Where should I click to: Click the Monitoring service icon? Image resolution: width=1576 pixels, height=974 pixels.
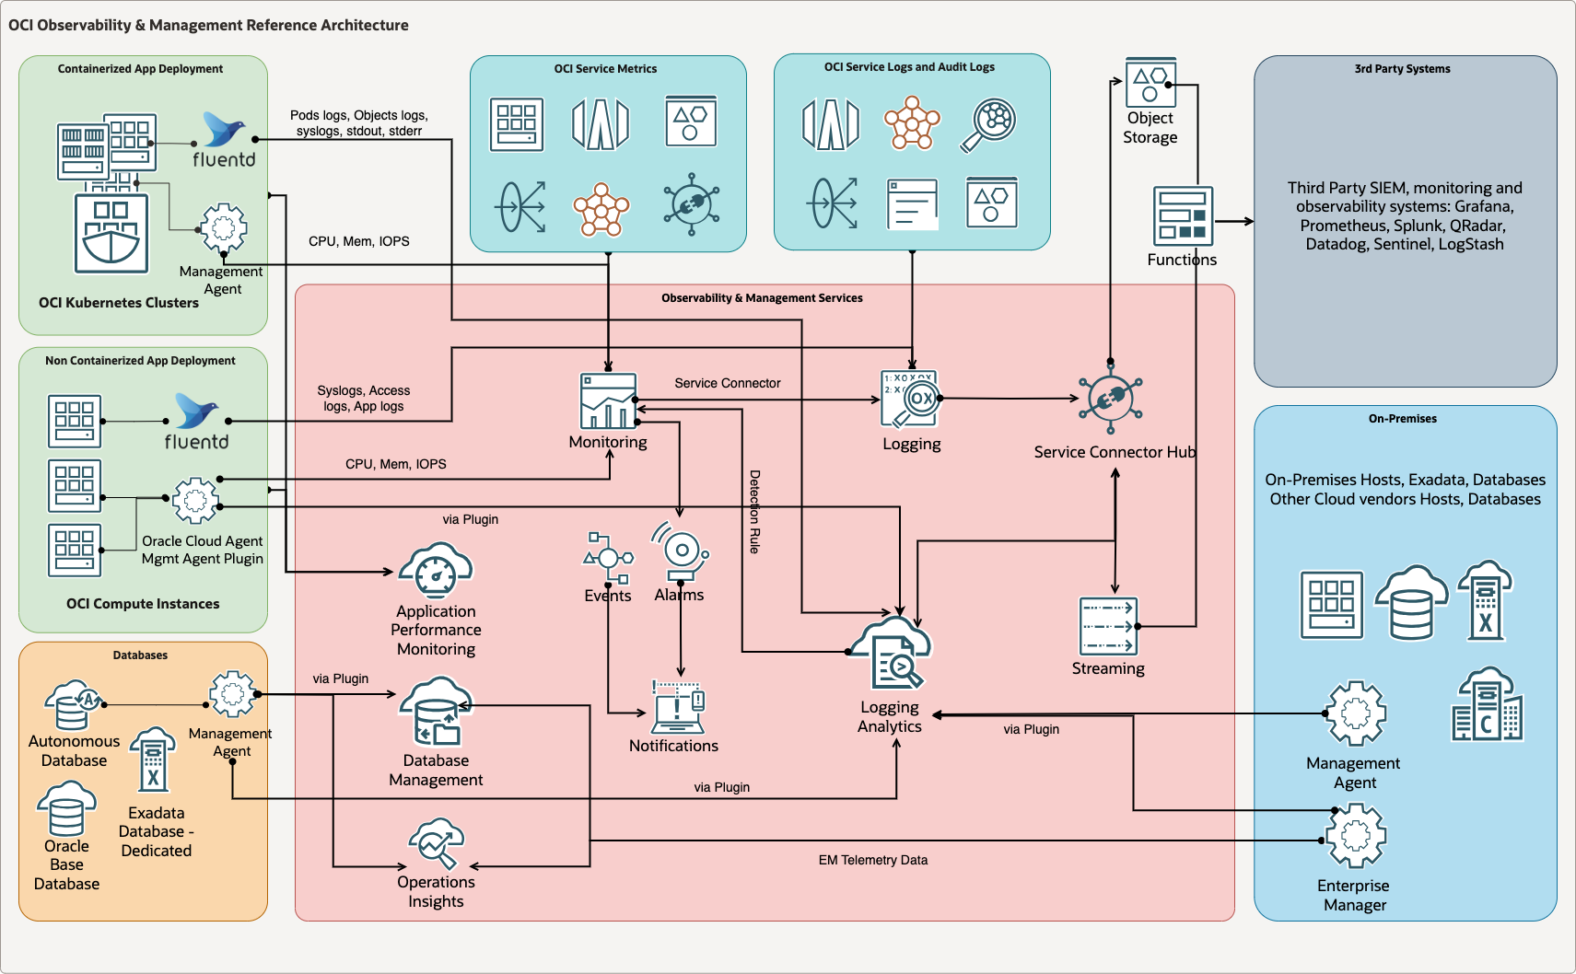click(x=608, y=400)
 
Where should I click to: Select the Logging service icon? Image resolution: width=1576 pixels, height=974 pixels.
click(x=909, y=399)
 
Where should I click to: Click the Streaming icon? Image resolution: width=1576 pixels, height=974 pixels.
click(x=1108, y=626)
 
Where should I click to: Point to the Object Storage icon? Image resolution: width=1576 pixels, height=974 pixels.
click(x=1150, y=82)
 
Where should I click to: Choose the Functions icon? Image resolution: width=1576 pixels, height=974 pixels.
click(x=1183, y=216)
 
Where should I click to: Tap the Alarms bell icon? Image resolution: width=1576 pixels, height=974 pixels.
click(x=681, y=551)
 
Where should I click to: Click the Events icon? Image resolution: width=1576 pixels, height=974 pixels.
click(x=608, y=557)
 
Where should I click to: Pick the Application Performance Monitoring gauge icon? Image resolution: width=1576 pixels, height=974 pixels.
click(x=436, y=571)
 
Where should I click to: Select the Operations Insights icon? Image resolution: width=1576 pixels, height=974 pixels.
click(x=436, y=842)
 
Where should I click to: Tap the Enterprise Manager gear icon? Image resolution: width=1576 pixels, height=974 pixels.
click(x=1355, y=835)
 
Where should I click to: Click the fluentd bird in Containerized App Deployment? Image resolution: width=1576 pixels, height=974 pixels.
click(x=224, y=130)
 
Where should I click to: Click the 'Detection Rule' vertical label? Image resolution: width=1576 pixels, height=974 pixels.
click(x=754, y=512)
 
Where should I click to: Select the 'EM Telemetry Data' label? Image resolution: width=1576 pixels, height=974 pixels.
click(x=872, y=860)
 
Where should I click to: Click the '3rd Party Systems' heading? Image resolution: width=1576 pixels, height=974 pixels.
click(x=1402, y=69)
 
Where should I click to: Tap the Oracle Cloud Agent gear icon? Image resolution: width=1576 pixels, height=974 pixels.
click(x=195, y=500)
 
